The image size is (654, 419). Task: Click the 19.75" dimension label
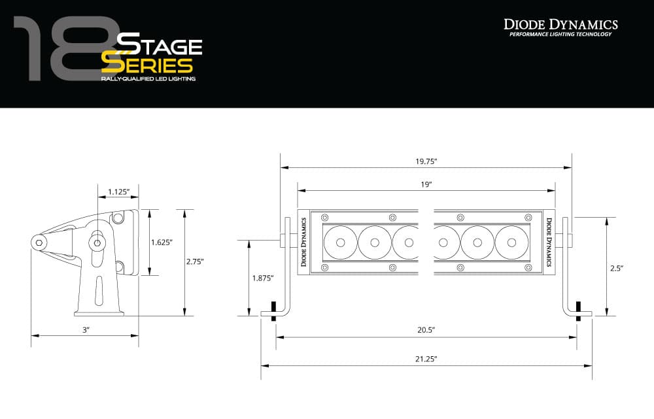pyautogui.click(x=426, y=161)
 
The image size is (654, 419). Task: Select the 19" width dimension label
pyautogui.click(x=426, y=185)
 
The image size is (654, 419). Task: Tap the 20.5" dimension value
pyautogui.click(x=426, y=330)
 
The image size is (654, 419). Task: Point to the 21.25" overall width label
pyautogui.click(x=426, y=359)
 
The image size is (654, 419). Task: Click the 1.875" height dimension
pyautogui.click(x=263, y=278)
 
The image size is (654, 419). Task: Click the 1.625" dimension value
pyautogui.click(x=161, y=242)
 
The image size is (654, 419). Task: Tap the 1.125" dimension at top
pyautogui.click(x=118, y=192)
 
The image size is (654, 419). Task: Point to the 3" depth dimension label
pyautogui.click(x=85, y=330)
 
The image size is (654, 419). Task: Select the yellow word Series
pyautogui.click(x=147, y=65)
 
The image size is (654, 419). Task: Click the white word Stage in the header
pyautogui.click(x=159, y=46)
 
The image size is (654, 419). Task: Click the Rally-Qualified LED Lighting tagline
pyautogui.click(x=148, y=78)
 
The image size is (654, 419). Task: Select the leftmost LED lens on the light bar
pyautogui.click(x=340, y=243)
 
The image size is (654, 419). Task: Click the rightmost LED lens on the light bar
pyautogui.click(x=511, y=243)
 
